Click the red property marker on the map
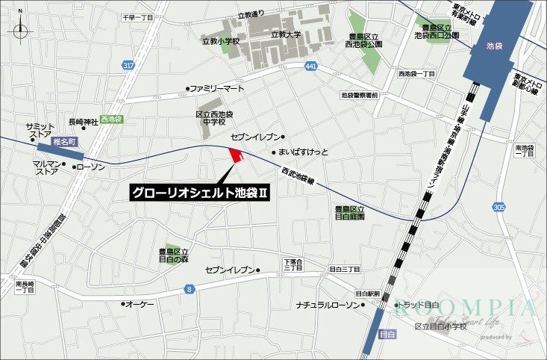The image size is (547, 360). pyautogui.click(x=236, y=155)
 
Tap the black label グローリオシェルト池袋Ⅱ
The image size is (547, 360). pyautogui.click(x=199, y=193)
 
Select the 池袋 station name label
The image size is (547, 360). pyautogui.click(x=493, y=46)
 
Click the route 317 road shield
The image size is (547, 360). pyautogui.click(x=129, y=66)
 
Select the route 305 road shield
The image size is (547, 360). pyautogui.click(x=498, y=206)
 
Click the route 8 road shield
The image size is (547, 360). pyautogui.click(x=190, y=288)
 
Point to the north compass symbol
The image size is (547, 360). pyautogui.click(x=22, y=31)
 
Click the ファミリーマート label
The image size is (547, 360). pyautogui.click(x=216, y=88)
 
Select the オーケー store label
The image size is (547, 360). pyautogui.click(x=139, y=304)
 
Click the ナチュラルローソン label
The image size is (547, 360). pyautogui.click(x=327, y=305)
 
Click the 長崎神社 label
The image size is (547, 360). pyautogui.click(x=83, y=122)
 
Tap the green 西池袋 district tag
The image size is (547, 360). pyautogui.click(x=111, y=119)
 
